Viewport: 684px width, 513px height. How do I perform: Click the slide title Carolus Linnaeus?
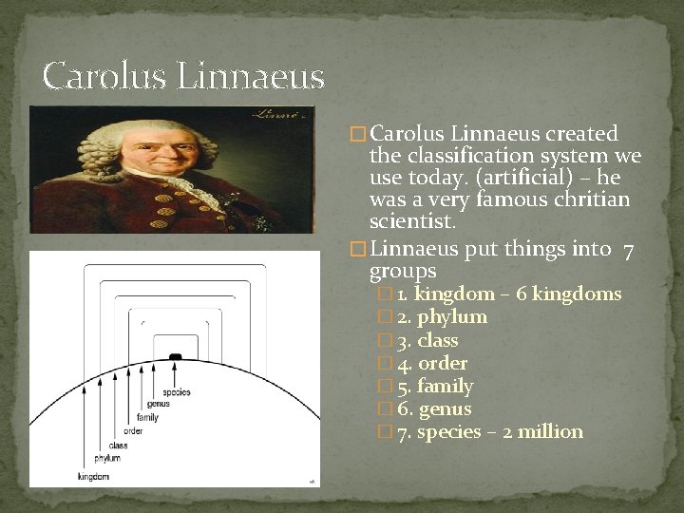[183, 76]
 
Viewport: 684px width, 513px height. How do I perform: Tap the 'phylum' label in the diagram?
[106, 459]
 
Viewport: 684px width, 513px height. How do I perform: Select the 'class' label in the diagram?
[118, 445]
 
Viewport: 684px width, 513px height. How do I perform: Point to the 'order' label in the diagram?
[133, 431]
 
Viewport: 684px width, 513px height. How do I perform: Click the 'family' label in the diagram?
[147, 418]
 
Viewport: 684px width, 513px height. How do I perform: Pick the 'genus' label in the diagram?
[159, 405]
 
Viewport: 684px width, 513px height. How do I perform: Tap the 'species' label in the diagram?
[176, 392]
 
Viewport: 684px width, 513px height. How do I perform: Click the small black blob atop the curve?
[175, 356]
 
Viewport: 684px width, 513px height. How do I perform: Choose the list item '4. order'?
[432, 363]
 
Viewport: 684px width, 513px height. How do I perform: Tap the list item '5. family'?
[435, 386]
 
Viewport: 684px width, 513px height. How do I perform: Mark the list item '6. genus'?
[434, 408]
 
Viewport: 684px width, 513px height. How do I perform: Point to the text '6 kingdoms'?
[577, 294]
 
